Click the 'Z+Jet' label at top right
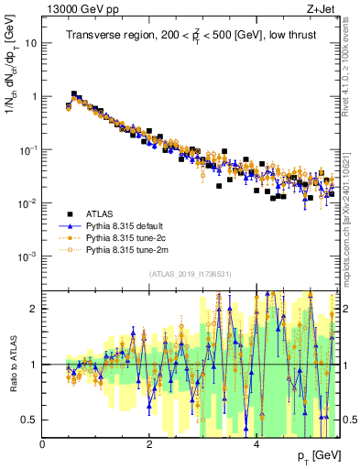(x=321, y=8)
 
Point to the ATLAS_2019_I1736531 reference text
(x=191, y=274)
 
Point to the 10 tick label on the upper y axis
(x=30, y=43)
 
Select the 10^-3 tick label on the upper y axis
(x=27, y=256)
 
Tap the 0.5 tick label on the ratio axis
(x=29, y=420)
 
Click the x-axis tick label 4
(x=256, y=444)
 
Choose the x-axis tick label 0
(x=43, y=444)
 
